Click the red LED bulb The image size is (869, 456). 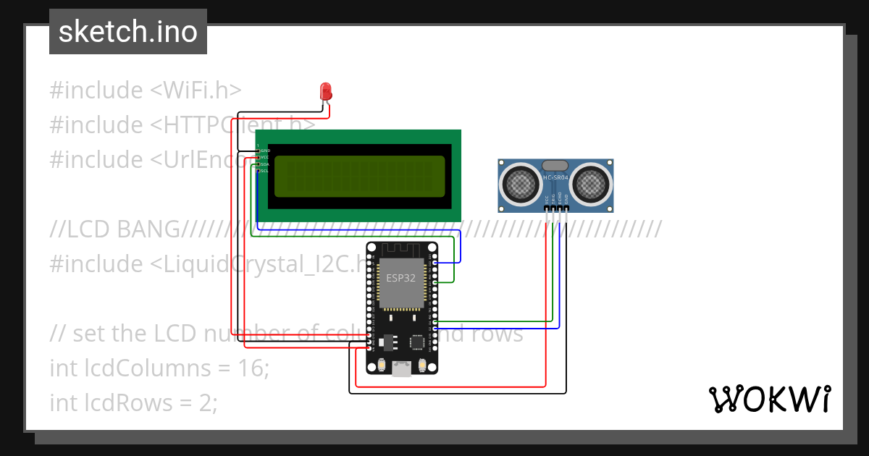point(326,91)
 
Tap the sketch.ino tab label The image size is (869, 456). point(128,32)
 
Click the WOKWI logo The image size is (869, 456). point(769,399)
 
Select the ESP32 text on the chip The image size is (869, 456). point(400,277)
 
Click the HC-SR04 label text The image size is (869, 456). point(555,177)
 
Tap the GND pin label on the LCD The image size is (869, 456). point(265,151)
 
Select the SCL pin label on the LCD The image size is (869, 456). point(265,171)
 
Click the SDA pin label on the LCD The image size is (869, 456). point(265,164)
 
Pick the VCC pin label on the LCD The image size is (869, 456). point(265,157)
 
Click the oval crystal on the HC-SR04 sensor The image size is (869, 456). point(555,166)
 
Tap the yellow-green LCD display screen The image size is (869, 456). point(359,176)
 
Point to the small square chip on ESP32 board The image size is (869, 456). point(418,342)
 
